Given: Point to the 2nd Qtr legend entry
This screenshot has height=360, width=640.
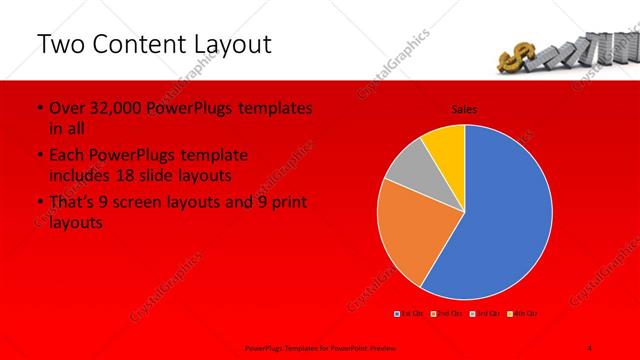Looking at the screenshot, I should coord(448,314).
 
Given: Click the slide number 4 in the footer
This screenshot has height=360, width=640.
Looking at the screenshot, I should coord(590,346).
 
